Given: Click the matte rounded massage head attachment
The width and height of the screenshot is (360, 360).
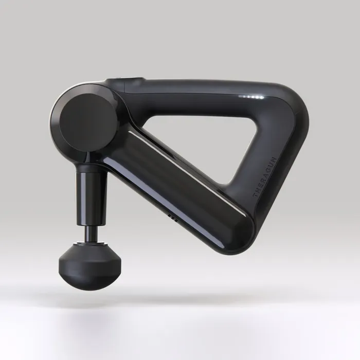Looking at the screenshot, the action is [x=90, y=267].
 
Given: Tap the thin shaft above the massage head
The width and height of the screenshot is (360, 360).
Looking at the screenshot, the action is [x=92, y=233].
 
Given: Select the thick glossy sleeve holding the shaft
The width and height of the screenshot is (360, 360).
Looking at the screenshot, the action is [x=92, y=198].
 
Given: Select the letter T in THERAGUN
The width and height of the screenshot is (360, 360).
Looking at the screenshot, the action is [x=255, y=195].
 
